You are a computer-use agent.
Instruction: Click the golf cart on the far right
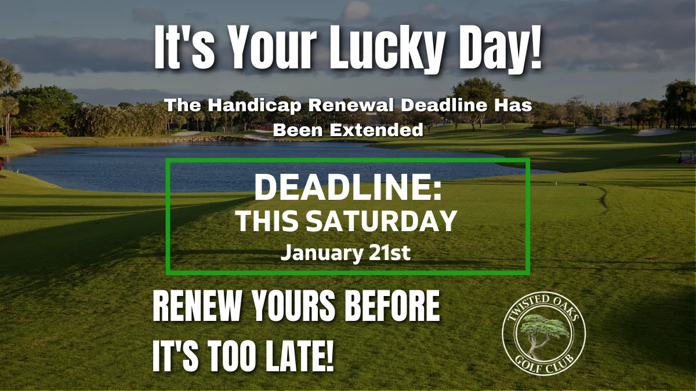point(686,157)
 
